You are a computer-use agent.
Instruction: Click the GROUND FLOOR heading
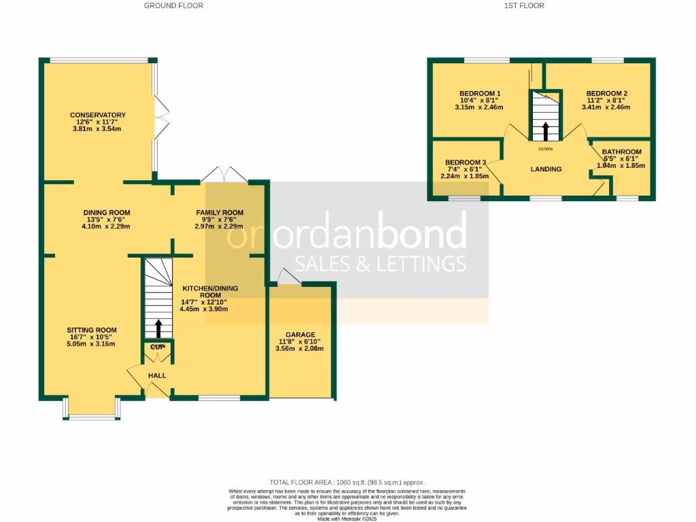point(173,5)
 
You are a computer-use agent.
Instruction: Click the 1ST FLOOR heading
point(524,5)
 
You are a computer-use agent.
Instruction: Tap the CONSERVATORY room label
point(97,115)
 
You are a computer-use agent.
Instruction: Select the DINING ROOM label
point(106,213)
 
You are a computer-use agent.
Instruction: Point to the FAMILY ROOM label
point(220,213)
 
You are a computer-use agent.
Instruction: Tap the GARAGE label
point(300,335)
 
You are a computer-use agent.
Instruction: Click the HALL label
point(157,375)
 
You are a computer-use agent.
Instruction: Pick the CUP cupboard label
point(158,348)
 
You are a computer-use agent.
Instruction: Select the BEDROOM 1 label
point(480,93)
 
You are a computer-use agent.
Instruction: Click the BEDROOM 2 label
point(607,93)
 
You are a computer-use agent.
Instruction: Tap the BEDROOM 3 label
point(466,162)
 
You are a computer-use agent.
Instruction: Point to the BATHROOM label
point(621,152)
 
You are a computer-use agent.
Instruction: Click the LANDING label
point(546,169)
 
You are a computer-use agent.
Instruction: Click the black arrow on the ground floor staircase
point(158,328)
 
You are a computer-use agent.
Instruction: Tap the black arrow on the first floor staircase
point(545,129)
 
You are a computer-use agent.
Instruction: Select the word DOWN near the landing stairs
point(545,148)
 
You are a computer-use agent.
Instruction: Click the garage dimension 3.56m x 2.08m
point(300,349)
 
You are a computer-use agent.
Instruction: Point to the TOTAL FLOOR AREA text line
point(347,483)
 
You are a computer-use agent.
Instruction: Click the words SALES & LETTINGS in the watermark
point(380,263)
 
